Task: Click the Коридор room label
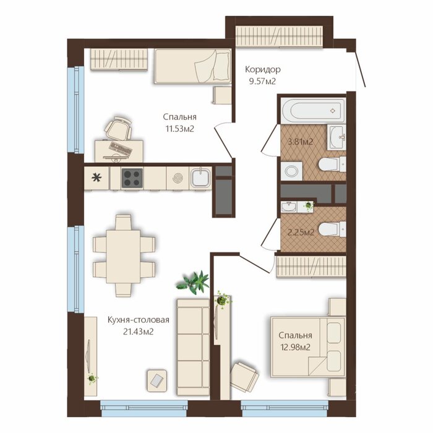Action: pyautogui.click(x=263, y=69)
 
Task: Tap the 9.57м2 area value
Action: pyautogui.click(x=262, y=82)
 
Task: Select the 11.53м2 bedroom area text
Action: pyautogui.click(x=180, y=129)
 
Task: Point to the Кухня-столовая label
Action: pyautogui.click(x=139, y=320)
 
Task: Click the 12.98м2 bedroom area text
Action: pyautogui.click(x=296, y=347)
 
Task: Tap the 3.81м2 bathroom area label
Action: pyautogui.click(x=301, y=142)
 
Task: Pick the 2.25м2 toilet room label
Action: pyautogui.click(x=301, y=233)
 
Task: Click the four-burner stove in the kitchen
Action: pyautogui.click(x=132, y=178)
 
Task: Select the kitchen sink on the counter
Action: pyautogui.click(x=200, y=178)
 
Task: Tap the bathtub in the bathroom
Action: pyautogui.click(x=313, y=109)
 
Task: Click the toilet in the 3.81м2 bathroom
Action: pyautogui.click(x=332, y=165)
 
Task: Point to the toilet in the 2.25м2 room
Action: pyautogui.click(x=332, y=229)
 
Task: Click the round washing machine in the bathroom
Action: pyautogui.click(x=291, y=171)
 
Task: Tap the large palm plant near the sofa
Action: pyautogui.click(x=193, y=282)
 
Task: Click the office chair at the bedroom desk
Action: pyautogui.click(x=118, y=128)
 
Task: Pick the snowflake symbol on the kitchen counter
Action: pyautogui.click(x=96, y=178)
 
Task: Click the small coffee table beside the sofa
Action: pyautogui.click(x=157, y=381)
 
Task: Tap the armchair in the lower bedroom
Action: pyautogui.click(x=244, y=377)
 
